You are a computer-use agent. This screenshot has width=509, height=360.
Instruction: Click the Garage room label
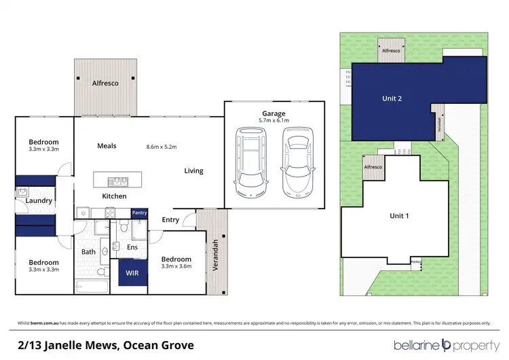[x=274, y=113]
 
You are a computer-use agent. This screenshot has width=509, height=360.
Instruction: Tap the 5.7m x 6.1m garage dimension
[x=274, y=120]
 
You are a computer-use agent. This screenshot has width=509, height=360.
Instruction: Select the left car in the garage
[x=250, y=164]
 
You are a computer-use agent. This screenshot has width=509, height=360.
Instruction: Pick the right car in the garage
[x=297, y=164]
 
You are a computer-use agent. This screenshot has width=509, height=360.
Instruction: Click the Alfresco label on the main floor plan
[x=105, y=83]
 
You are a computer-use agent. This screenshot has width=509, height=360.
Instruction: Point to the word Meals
[x=107, y=145]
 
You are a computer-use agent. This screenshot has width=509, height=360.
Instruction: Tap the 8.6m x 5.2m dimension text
[x=162, y=146]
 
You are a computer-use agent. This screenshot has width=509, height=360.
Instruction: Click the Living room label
[x=193, y=170]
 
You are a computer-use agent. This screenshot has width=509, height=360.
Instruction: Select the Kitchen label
[x=114, y=196]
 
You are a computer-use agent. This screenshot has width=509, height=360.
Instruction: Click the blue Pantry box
[x=139, y=213]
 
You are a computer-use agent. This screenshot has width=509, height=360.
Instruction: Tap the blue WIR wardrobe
[x=132, y=273]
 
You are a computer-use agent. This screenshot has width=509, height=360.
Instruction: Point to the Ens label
[x=132, y=247]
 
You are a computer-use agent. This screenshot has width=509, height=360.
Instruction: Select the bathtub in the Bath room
[x=91, y=286]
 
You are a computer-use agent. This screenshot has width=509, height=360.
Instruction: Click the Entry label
[x=170, y=219]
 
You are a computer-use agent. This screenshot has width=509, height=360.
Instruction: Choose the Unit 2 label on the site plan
[x=391, y=98]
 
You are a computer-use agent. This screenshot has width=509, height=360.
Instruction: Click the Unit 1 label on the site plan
[x=398, y=215]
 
